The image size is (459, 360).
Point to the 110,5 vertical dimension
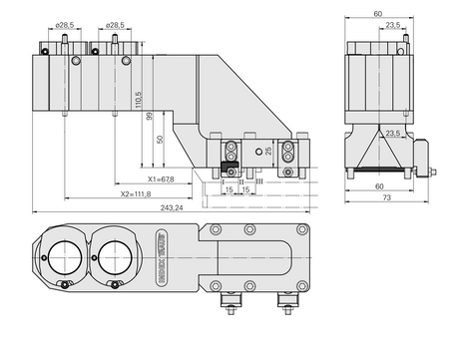pyautogui.click(x=139, y=101)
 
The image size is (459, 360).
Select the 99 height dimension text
pyautogui.click(x=150, y=116)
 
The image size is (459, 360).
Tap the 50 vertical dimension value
pyautogui.click(x=161, y=140)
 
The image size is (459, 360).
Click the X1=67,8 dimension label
pyautogui.click(x=160, y=180)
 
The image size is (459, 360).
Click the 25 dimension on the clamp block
pyautogui.click(x=268, y=150)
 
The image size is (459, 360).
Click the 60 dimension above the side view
pyautogui.click(x=377, y=14)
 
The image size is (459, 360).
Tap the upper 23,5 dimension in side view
pyautogui.click(x=393, y=25)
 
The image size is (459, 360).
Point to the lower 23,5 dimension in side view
pyautogui.click(x=393, y=132)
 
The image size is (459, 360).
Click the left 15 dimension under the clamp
pyautogui.click(x=229, y=189)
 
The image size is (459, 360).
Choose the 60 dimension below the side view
pyautogui.click(x=377, y=185)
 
